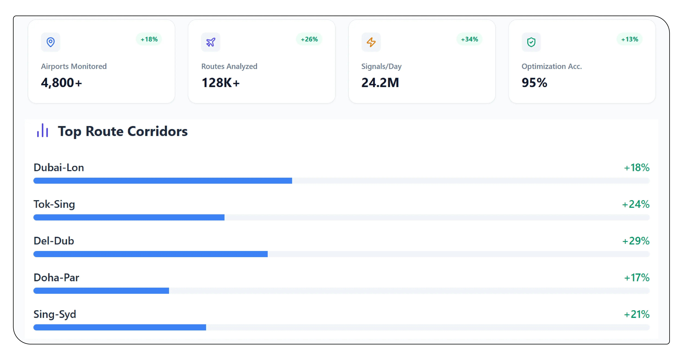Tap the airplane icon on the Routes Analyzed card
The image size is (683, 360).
(211, 42)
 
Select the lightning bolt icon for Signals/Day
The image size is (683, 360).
(371, 42)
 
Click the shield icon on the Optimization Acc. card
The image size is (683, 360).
(531, 42)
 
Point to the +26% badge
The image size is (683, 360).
(309, 39)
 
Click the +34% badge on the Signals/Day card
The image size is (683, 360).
(469, 39)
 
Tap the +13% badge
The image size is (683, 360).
(629, 39)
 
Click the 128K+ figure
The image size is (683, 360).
(221, 83)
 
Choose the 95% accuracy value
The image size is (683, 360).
(534, 83)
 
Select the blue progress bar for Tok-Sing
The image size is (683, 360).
(129, 217)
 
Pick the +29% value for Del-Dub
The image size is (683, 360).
(636, 241)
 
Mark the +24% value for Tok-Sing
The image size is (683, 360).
(636, 204)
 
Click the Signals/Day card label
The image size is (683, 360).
(381, 66)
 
